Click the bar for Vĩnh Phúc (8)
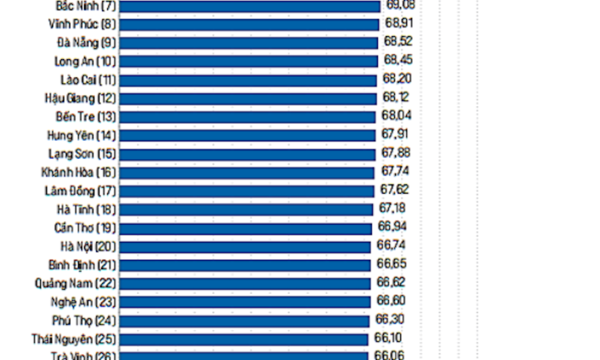click(249, 25)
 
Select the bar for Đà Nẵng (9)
click(249, 43)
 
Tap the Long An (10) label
click(85, 61)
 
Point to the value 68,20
click(397, 78)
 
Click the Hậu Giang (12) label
click(80, 98)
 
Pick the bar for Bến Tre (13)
click(248, 117)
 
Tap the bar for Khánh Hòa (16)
click(247, 172)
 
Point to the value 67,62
click(395, 189)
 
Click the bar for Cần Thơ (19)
click(246, 228)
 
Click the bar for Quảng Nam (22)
click(245, 283)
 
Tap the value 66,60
click(391, 301)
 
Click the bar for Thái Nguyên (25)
click(244, 339)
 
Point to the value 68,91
click(399, 23)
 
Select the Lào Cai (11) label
click(87, 79)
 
